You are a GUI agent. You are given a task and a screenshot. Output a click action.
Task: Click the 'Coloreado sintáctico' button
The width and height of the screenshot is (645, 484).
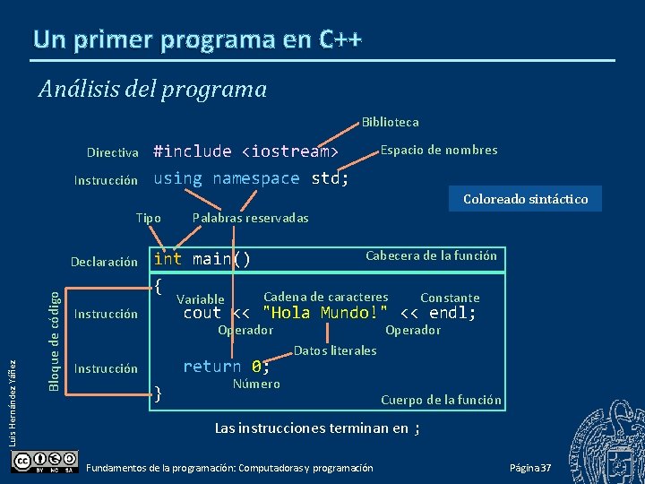pos(525,199)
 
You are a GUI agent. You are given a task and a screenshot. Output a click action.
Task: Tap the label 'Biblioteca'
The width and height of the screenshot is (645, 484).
pos(390,122)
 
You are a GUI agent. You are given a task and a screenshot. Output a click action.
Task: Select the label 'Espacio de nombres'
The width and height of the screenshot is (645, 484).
pos(439,150)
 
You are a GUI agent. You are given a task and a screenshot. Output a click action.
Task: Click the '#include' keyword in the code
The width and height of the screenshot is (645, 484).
pos(192,151)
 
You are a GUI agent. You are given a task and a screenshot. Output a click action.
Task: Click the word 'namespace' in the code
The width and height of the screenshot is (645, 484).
pos(256,178)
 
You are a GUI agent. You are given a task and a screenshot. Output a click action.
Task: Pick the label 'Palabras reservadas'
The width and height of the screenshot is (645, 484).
pos(251,218)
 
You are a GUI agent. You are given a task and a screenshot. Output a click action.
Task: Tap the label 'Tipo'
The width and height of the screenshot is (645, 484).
pos(148,218)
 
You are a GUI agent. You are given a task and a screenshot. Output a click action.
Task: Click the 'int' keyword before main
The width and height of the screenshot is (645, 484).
pos(168,259)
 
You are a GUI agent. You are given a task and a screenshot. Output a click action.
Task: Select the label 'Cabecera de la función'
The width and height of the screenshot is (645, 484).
pos(431,255)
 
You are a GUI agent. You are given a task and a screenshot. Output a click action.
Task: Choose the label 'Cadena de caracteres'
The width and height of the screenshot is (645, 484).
pos(326,297)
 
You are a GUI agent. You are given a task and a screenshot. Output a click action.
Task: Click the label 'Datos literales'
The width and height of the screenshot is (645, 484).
pos(335,350)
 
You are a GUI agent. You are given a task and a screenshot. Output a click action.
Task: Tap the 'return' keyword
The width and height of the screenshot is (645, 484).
pos(211,366)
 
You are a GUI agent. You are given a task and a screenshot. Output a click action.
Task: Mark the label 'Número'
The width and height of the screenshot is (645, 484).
pos(256,384)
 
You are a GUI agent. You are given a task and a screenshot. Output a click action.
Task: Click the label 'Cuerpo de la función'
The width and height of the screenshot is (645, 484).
pos(441,400)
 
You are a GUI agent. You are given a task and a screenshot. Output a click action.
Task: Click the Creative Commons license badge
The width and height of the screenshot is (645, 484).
pos(45,461)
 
